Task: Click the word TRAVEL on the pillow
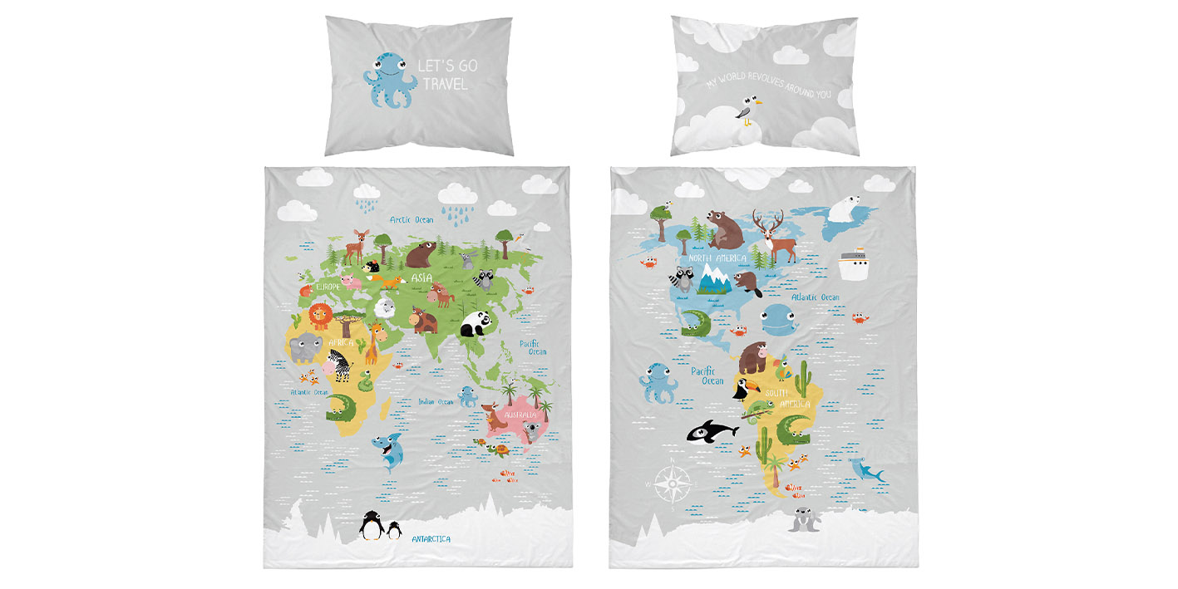(x=445, y=84)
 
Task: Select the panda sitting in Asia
(x=476, y=324)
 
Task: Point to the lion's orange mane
(x=319, y=317)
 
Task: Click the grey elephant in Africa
(x=304, y=347)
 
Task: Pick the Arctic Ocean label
(x=412, y=220)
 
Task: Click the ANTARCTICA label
(x=431, y=539)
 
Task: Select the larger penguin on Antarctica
(x=371, y=526)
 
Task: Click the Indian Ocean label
(x=436, y=402)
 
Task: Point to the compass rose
(x=669, y=483)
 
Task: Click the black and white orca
(x=712, y=430)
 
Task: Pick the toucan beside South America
(x=741, y=388)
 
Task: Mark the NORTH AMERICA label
(x=717, y=258)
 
